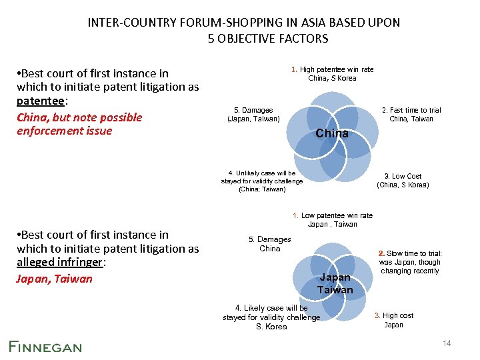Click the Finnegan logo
click(45, 346)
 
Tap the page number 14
click(447, 343)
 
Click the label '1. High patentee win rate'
click(332, 69)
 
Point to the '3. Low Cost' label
click(403, 176)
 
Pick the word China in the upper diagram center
click(332, 133)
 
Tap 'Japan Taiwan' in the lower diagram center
click(335, 283)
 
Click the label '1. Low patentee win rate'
click(333, 215)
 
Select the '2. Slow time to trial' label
click(410, 253)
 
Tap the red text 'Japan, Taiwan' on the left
click(54, 279)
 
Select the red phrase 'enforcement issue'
click(65, 131)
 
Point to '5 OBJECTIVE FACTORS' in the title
click(268, 38)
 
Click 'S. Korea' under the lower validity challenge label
click(271, 327)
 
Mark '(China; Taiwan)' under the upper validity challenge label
click(262, 189)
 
